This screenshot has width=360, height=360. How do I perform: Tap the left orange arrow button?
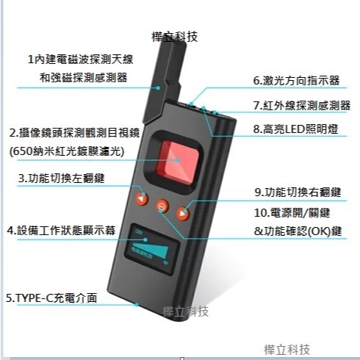click(141, 199)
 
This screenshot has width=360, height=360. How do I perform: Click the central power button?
click(162, 207)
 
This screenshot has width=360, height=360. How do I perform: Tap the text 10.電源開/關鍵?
click(290, 213)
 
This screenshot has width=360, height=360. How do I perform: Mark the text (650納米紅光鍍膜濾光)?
click(65, 151)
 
